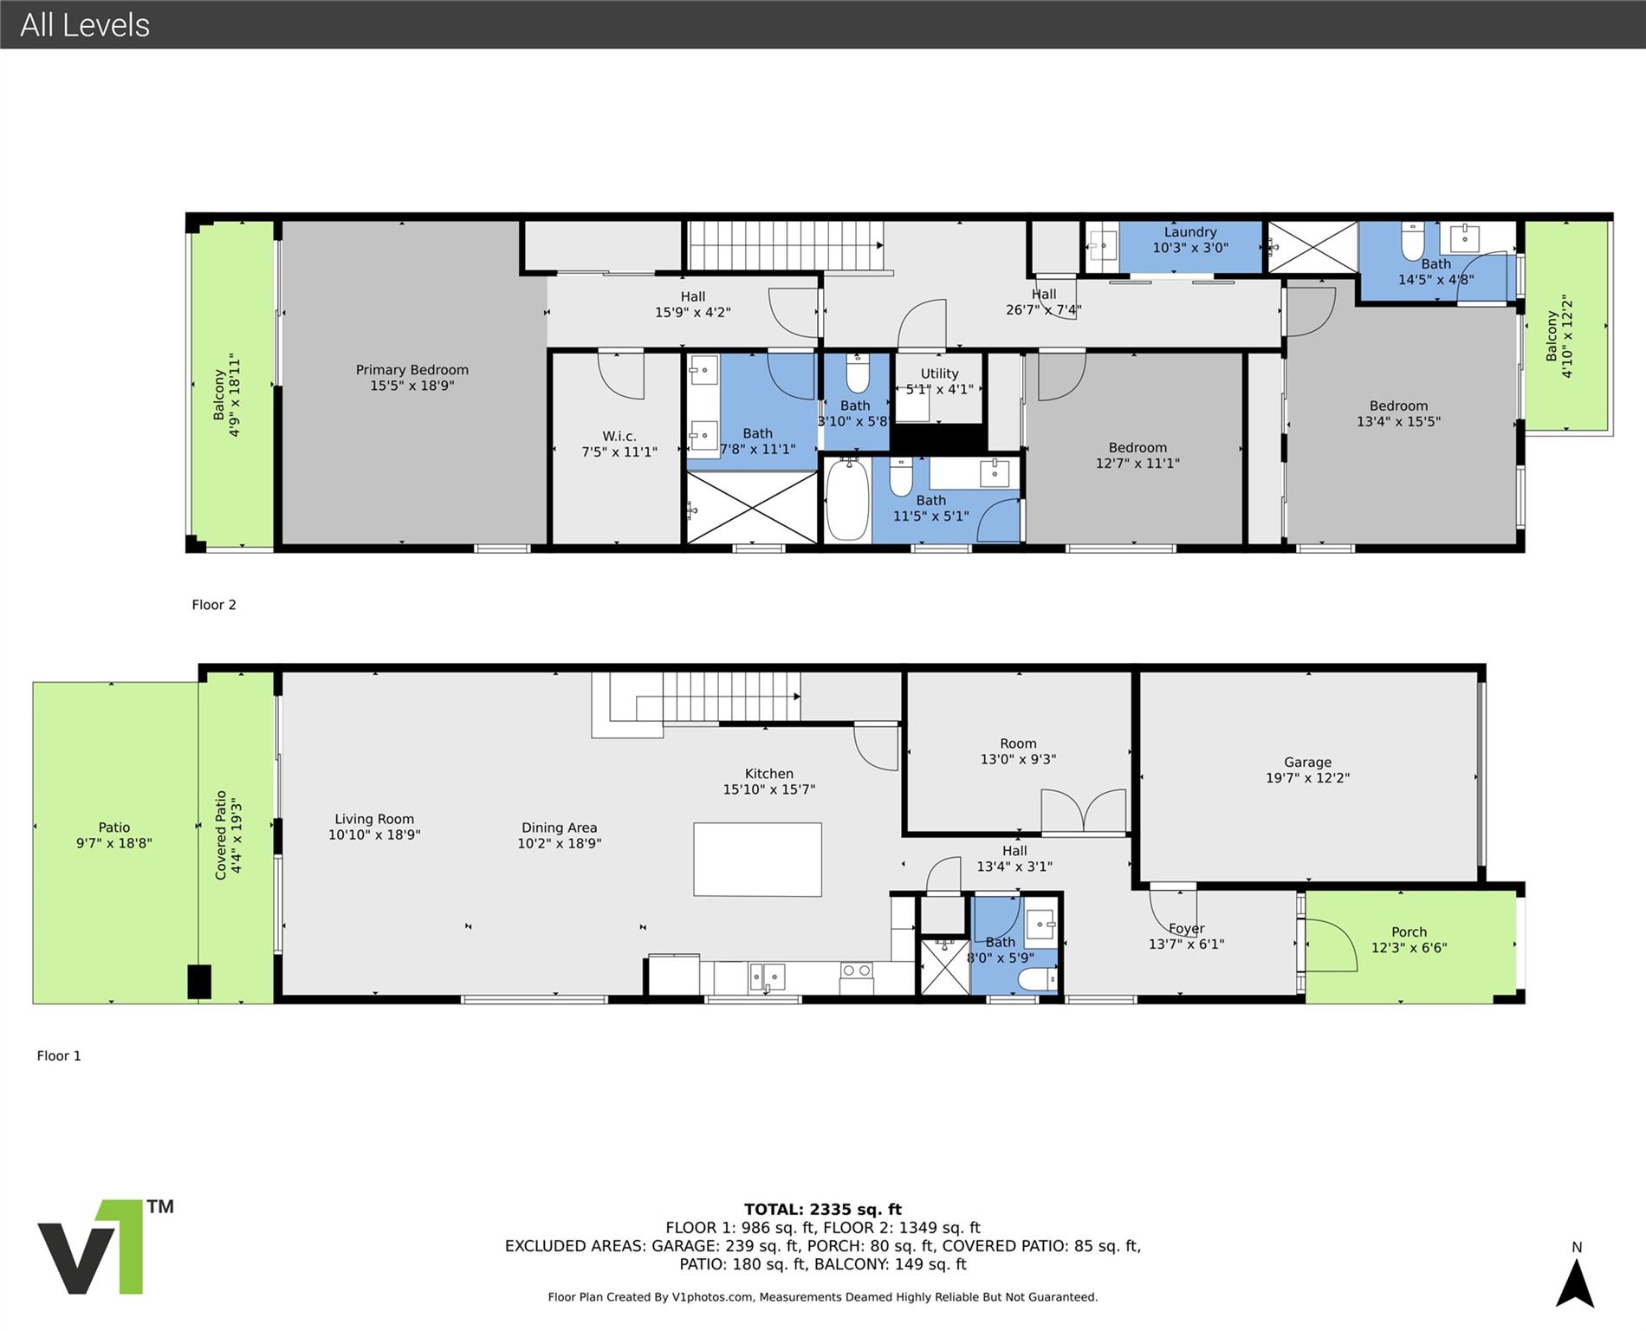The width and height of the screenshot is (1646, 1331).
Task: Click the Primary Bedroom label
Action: pyautogui.click(x=412, y=378)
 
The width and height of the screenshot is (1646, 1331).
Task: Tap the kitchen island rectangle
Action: pyautogui.click(x=757, y=860)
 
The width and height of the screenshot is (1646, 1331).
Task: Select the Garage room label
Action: pyautogui.click(x=1308, y=770)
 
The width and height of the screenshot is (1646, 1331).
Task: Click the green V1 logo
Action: pyautogui.click(x=89, y=1247)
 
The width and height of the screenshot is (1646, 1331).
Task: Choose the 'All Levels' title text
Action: pyautogui.click(x=85, y=25)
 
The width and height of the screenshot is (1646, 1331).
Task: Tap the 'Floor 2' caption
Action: pyautogui.click(x=214, y=605)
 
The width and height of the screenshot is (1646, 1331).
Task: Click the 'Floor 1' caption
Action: pyautogui.click(x=59, y=1055)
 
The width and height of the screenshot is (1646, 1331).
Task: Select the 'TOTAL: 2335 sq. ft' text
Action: pyautogui.click(x=823, y=1210)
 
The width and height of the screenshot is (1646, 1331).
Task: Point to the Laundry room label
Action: pyautogui.click(x=1190, y=240)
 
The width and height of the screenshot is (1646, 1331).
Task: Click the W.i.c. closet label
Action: pyautogui.click(x=619, y=445)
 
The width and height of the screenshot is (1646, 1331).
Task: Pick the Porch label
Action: pyautogui.click(x=1409, y=940)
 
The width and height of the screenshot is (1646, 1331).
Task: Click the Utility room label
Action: pyautogui.click(x=940, y=381)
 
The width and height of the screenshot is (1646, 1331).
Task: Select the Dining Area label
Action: pyautogui.click(x=560, y=835)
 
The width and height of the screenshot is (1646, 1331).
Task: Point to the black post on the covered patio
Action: pyautogui.click(x=199, y=982)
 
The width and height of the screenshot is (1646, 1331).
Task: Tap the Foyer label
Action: pyautogui.click(x=1187, y=937)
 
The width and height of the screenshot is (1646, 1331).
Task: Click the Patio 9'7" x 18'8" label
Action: pyautogui.click(x=114, y=835)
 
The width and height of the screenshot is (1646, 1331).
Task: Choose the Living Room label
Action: pyautogui.click(x=374, y=827)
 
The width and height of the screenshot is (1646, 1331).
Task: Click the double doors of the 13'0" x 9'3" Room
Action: pyautogui.click(x=1084, y=812)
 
